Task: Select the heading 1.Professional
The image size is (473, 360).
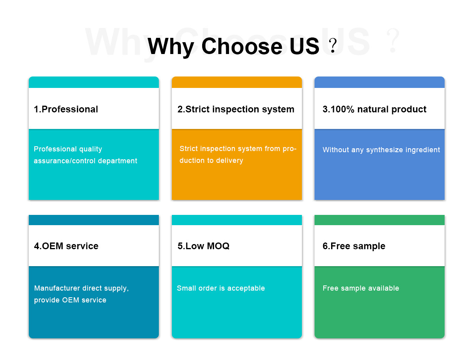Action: click(66, 109)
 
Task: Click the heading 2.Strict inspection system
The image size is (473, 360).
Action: click(236, 109)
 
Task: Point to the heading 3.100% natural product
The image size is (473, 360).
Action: click(374, 109)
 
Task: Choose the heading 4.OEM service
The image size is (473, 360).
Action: click(66, 246)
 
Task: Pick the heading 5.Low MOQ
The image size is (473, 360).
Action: click(203, 246)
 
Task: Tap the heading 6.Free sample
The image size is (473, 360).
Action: click(354, 246)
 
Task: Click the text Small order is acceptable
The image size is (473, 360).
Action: click(221, 288)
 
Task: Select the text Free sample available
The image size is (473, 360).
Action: click(361, 288)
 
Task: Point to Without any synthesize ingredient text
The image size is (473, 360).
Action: click(381, 149)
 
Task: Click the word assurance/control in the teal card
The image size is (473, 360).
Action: click(65, 161)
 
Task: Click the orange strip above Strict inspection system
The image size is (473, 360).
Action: click(236, 82)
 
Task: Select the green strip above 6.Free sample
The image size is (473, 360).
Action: click(379, 220)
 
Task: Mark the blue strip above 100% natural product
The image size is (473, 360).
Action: click(379, 82)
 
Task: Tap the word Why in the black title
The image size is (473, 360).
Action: click(171, 47)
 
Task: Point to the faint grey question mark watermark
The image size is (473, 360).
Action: click(393, 40)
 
